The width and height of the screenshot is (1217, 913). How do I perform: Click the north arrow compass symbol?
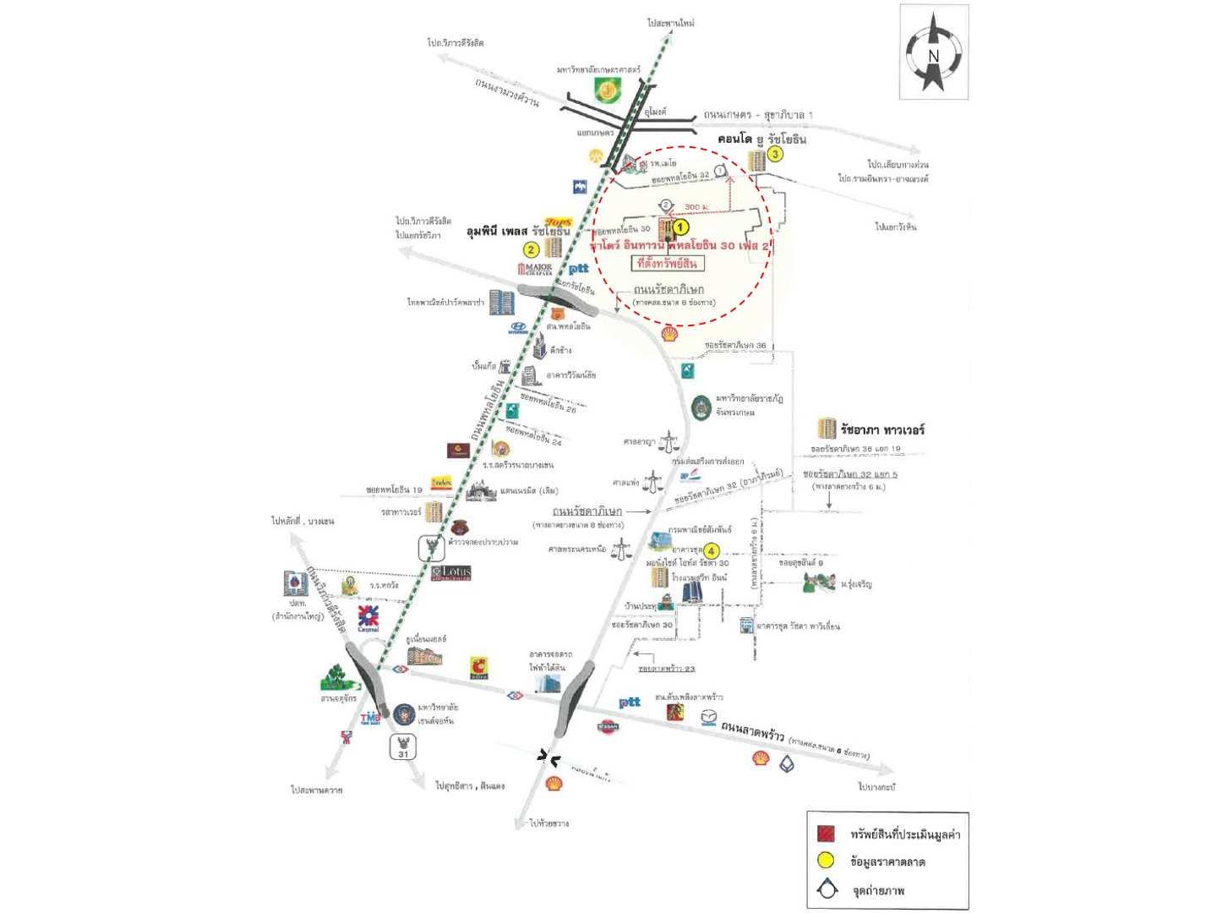point(933,53)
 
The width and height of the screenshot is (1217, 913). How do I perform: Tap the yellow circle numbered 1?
point(681,227)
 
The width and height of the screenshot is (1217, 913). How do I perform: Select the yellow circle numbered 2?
point(531,249)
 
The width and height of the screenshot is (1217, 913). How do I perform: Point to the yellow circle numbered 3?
point(774,154)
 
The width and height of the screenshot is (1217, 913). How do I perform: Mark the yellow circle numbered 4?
point(711,550)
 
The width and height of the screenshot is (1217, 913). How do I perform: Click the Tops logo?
point(559,222)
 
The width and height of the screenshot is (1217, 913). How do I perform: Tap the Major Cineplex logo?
point(535,270)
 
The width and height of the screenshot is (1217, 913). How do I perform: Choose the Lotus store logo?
point(451,573)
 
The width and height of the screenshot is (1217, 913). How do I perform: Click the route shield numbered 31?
point(403,747)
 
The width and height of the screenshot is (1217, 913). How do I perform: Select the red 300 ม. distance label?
point(696,206)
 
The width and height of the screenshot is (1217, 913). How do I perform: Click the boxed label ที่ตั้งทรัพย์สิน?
point(668,264)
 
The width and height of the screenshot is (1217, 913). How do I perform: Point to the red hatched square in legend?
point(826,834)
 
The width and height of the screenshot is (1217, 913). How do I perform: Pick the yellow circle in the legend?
point(826,861)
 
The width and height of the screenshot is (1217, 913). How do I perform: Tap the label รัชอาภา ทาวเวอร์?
point(881,429)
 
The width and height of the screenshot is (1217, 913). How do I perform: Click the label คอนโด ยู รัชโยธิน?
point(761,139)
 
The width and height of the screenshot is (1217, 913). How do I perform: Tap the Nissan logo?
point(608,726)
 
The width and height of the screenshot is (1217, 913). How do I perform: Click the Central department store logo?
point(368,618)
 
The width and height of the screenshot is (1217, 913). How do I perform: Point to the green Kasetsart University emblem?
point(607,88)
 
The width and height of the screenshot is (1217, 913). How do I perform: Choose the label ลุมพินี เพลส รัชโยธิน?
point(518,232)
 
